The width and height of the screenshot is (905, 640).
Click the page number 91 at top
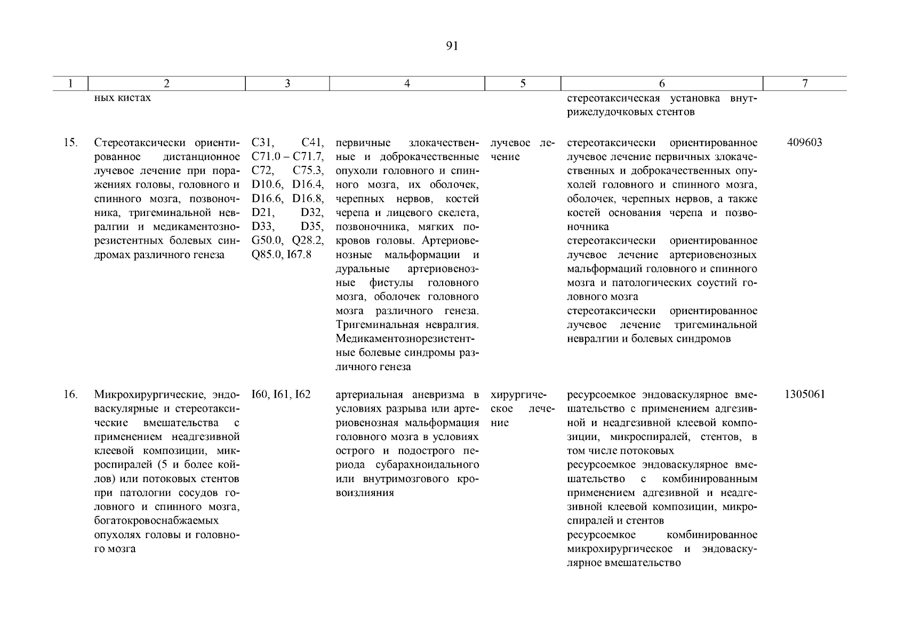452,46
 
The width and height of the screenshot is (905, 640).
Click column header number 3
287,84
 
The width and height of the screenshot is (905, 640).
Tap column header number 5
523,84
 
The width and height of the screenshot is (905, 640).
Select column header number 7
805,84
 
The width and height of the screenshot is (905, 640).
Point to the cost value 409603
804,143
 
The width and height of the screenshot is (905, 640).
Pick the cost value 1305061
805,395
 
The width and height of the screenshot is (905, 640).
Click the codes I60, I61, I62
281,395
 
